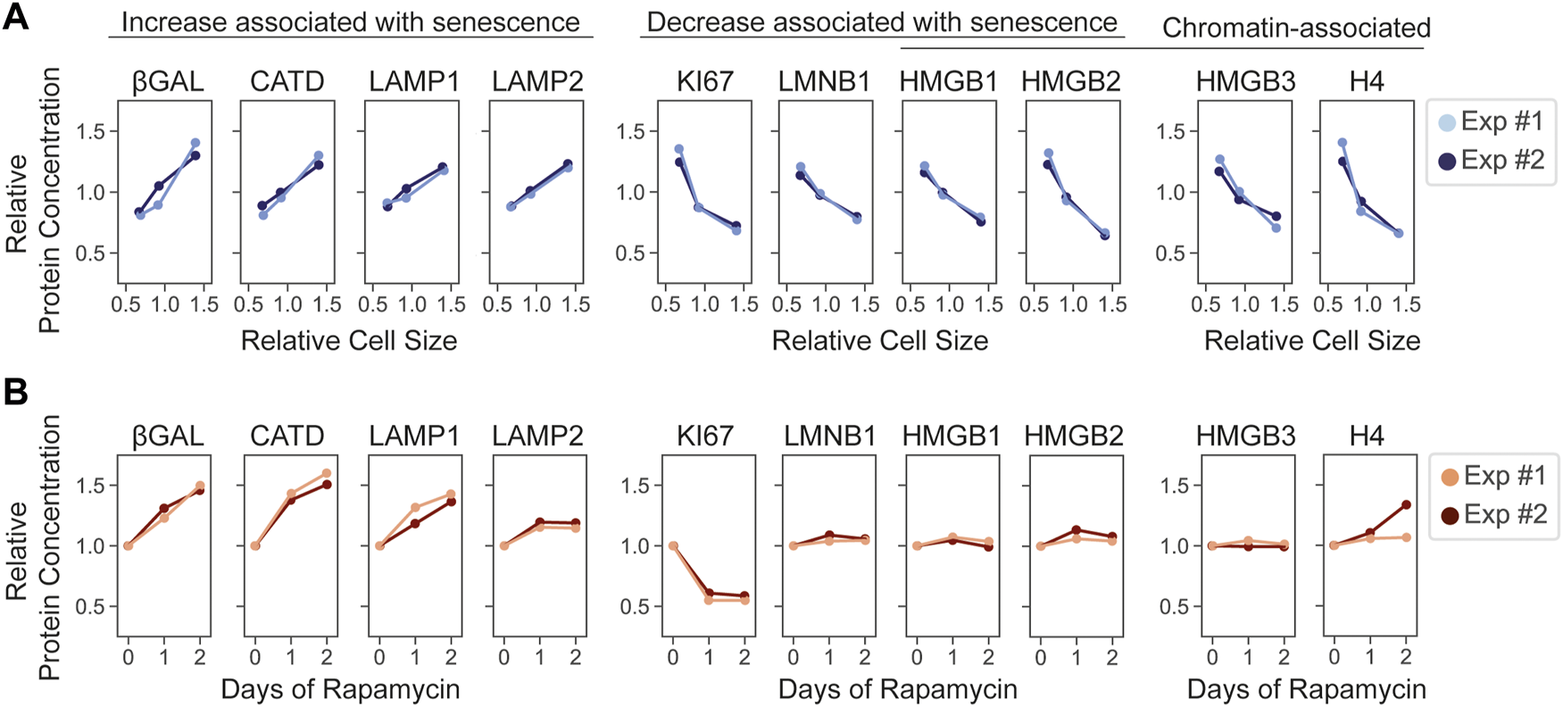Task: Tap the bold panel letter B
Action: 16,392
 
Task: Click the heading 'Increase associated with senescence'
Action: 350,22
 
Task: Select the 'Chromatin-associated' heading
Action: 1296,29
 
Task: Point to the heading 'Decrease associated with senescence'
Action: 882,22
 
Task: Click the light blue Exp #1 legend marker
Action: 1447,122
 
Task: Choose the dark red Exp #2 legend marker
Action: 1450,515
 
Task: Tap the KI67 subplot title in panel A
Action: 704,82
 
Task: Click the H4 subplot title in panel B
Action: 1367,436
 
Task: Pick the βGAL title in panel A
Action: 168,82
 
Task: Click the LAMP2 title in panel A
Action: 537,82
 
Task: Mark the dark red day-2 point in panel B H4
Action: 1406,504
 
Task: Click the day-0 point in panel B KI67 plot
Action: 673,545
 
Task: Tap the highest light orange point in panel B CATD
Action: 327,473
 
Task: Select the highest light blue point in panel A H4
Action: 1342,143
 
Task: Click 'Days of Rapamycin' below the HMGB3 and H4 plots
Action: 1306,689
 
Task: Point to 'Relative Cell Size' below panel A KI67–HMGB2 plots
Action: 879,341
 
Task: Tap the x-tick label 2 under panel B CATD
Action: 327,658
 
